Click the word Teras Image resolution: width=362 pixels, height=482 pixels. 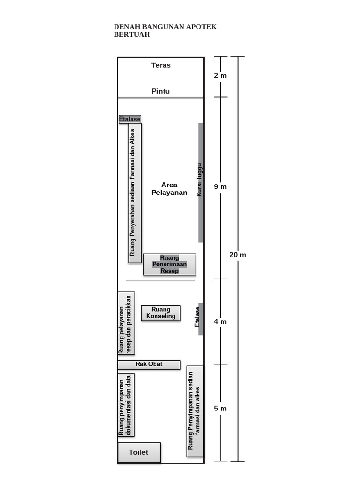(161, 65)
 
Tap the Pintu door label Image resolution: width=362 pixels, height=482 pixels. (160, 91)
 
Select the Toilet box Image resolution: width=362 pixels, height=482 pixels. (140, 452)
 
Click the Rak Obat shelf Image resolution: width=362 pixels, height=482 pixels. (149, 364)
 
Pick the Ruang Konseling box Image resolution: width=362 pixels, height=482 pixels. (161, 313)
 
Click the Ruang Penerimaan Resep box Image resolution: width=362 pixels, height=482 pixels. (170, 265)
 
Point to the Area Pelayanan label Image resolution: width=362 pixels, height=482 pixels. (169, 189)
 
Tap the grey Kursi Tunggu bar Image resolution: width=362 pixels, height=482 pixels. (201, 183)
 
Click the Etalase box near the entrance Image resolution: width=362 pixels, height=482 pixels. (130, 119)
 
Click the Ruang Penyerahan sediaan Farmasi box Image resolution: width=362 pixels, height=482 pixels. (135, 193)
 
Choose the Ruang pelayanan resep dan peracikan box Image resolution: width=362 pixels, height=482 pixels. (126, 323)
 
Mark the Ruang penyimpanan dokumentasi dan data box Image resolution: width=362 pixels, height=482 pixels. (126, 405)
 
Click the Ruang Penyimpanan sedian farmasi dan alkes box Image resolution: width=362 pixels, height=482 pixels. (195, 411)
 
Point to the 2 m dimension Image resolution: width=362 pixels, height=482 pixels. (221, 76)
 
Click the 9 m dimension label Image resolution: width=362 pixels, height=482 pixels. (221, 186)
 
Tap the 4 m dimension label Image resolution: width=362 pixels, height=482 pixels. (221, 321)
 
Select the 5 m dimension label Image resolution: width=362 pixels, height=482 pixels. (221, 409)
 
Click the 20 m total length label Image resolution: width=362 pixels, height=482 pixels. (238, 255)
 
